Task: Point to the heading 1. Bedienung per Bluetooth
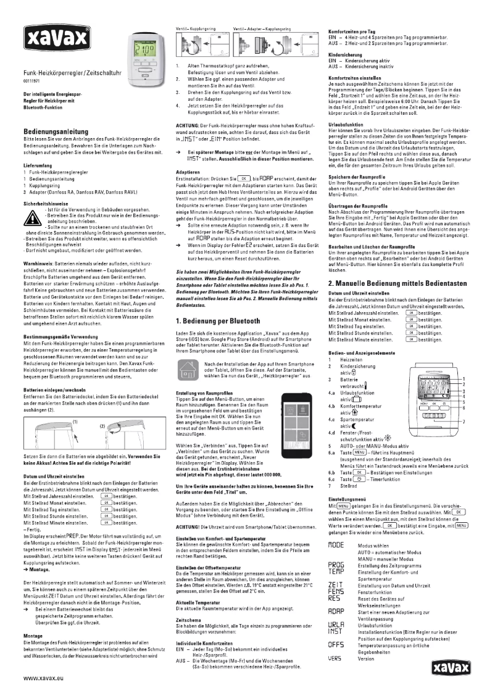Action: coord(217,338)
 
